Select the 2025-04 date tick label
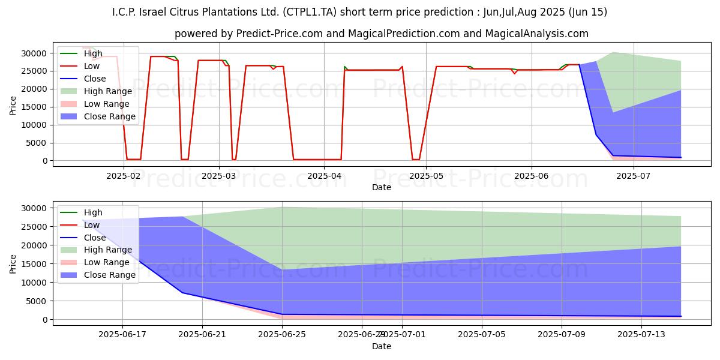point(324,175)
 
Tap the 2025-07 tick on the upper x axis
point(635,175)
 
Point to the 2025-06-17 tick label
point(122,334)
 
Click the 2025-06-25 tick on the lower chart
point(282,334)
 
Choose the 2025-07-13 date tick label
point(641,334)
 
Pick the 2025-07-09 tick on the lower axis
point(562,334)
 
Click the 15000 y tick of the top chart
point(35,107)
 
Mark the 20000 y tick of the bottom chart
point(35,245)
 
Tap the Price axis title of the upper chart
point(13,105)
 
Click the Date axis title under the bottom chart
point(381,346)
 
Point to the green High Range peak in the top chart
point(613,52)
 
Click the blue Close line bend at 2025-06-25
point(282,314)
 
